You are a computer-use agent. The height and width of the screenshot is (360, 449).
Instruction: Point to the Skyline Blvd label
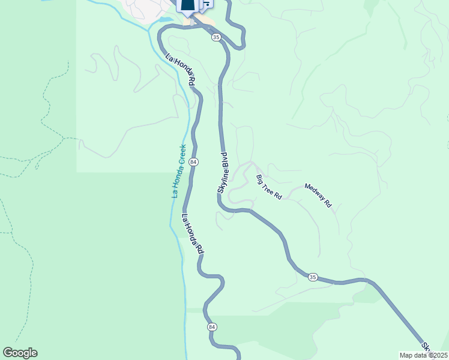coord(223,176)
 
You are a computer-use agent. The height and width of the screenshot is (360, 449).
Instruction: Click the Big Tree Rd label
coord(269,187)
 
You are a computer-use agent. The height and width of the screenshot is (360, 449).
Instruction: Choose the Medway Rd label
coord(318,195)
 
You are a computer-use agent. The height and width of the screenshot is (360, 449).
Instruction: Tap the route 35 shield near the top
coord(216,37)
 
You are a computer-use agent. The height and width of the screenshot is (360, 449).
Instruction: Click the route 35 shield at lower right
coord(313,277)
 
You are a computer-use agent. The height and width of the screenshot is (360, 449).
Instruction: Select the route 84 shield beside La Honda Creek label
coord(193,162)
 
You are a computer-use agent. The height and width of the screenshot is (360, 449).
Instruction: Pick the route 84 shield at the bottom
coord(212,326)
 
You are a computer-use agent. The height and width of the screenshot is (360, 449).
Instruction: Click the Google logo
coord(20,353)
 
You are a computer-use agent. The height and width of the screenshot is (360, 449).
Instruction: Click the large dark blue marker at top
coord(187,6)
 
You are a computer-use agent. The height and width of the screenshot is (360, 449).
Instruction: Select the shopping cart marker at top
coord(205,5)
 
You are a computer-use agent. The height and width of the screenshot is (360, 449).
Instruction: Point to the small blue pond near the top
coord(164,19)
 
